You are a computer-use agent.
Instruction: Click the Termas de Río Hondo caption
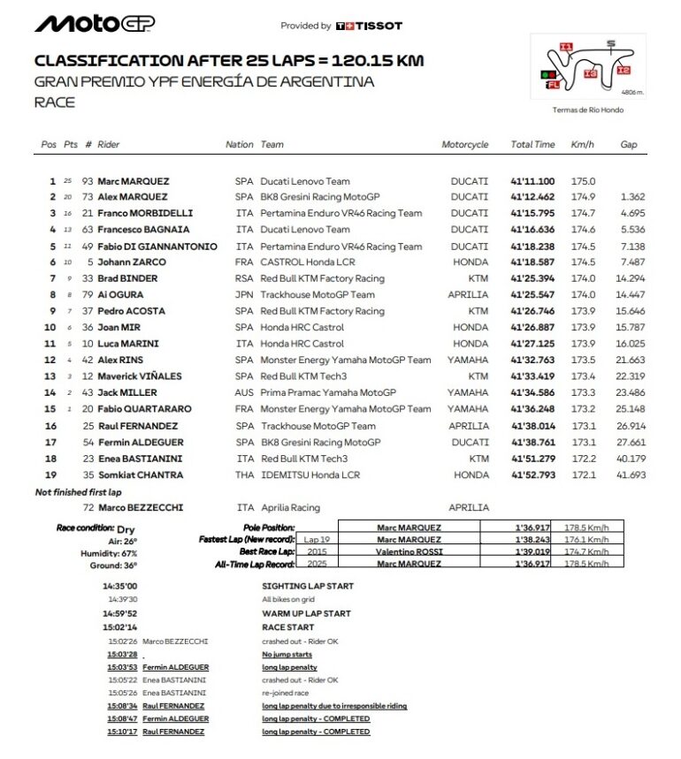pos(587,110)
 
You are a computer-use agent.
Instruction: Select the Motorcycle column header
pos(464,144)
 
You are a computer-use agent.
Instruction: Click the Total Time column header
pos(532,144)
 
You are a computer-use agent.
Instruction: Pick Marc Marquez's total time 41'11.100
pos(532,180)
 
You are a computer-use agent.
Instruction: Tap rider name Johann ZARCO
pos(130,262)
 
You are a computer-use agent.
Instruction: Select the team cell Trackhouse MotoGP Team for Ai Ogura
pos(317,295)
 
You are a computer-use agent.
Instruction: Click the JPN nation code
pos(243,295)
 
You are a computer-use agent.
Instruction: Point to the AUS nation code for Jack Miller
pos(243,392)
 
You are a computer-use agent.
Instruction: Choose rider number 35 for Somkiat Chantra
pos(88,474)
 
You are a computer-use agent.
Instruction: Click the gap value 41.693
pos(632,474)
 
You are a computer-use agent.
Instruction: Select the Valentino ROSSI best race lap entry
pos(409,550)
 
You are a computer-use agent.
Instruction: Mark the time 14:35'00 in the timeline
pos(119,586)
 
